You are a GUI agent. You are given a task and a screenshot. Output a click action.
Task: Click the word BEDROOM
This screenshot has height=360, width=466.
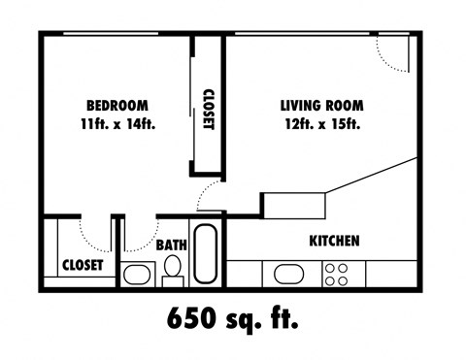tap(116, 105)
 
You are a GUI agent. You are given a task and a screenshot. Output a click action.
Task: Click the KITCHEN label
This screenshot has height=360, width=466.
tap(335, 241)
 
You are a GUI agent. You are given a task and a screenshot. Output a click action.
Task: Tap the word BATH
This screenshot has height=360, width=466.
tap(172, 245)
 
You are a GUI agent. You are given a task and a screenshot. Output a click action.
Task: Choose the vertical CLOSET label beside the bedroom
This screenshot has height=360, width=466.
tap(208, 110)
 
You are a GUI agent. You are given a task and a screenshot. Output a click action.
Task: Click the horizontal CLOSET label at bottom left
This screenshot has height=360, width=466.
tap(83, 265)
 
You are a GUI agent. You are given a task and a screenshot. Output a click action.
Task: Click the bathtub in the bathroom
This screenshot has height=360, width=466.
tap(207, 254)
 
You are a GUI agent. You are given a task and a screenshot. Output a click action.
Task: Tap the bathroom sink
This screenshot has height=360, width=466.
tap(137, 275)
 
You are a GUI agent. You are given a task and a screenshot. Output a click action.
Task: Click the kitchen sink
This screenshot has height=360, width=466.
tap(290, 274)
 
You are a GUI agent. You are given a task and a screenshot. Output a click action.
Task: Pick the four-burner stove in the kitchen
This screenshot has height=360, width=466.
tap(337, 274)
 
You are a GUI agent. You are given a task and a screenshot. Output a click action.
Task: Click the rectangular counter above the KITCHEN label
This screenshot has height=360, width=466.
tap(296, 204)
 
